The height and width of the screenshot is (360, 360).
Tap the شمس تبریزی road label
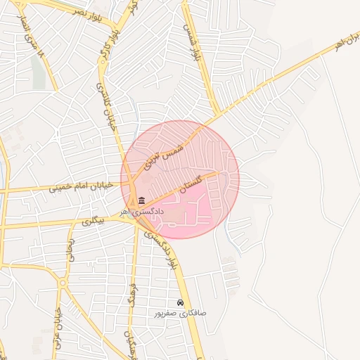(163, 155)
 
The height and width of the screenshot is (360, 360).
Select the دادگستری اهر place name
(141, 210)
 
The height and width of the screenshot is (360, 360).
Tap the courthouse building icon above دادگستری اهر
(142, 201)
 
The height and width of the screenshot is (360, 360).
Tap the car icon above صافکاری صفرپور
(181, 303)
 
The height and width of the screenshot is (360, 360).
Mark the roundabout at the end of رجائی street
(63, 283)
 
